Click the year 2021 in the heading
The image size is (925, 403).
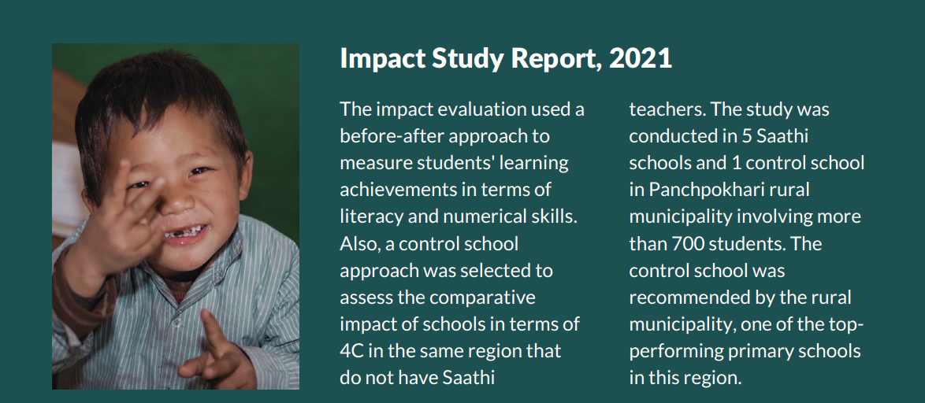tap(641, 58)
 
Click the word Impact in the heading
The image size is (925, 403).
tap(382, 60)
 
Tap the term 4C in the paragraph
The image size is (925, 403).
tap(353, 351)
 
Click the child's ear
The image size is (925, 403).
tap(244, 177)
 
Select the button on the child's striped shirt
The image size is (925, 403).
tap(175, 323)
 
